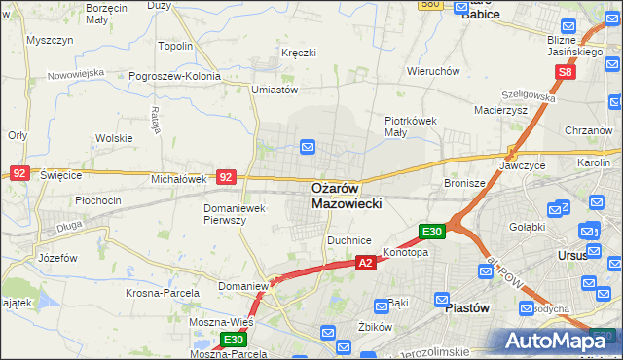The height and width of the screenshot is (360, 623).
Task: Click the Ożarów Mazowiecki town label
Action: click(x=348, y=196)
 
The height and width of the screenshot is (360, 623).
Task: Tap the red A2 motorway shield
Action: click(x=365, y=263)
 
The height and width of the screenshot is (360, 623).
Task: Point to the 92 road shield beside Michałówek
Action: click(x=226, y=177)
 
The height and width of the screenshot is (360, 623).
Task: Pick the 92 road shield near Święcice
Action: click(x=19, y=172)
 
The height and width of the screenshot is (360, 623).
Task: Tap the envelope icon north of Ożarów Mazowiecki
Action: click(x=308, y=147)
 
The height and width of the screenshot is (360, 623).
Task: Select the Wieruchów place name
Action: click(x=433, y=71)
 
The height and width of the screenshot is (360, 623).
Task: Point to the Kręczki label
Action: click(x=298, y=52)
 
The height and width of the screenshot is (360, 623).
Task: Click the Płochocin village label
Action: click(x=96, y=200)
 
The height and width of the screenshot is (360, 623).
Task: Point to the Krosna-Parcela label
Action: click(x=163, y=292)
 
